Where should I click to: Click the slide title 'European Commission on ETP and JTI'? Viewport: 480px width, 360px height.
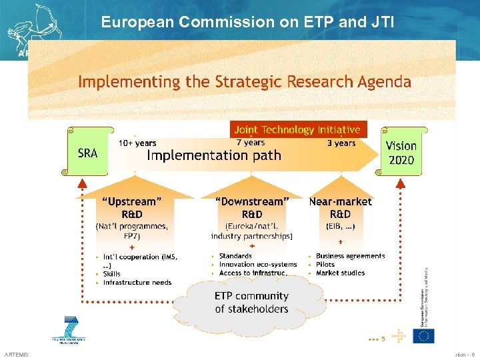[x=247, y=22]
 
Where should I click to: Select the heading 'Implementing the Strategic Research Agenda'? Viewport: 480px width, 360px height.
[x=244, y=82]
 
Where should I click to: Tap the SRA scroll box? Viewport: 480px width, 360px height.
[x=88, y=153]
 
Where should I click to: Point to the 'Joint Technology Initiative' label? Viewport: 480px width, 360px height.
[x=297, y=129]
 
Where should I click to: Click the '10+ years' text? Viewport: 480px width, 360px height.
[x=137, y=143]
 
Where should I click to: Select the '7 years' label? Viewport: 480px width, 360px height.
[x=251, y=143]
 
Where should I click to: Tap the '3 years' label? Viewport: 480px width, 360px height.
[x=341, y=143]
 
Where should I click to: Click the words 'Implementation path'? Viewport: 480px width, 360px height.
[x=214, y=156]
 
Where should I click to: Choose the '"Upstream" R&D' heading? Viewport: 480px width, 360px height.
[x=132, y=207]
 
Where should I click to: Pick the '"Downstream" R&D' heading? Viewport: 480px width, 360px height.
[x=252, y=207]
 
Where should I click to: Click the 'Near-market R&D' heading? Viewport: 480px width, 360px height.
[x=341, y=207]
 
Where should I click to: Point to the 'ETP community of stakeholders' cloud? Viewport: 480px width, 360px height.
[x=251, y=302]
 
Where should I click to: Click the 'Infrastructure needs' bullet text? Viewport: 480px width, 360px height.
[x=137, y=283]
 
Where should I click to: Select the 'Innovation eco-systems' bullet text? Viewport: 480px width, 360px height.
[x=258, y=265]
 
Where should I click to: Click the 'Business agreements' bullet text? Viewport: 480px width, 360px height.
[x=351, y=256]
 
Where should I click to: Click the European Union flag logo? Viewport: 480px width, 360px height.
[x=423, y=336]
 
